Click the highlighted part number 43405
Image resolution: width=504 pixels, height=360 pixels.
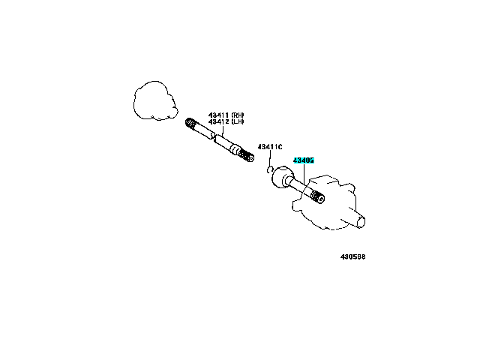[304, 160]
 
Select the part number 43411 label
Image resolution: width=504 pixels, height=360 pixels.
[218, 115]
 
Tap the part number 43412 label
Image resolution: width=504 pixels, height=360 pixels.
[218, 121]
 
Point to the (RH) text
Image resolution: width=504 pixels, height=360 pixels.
[238, 115]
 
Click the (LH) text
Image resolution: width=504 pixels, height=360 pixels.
[238, 121]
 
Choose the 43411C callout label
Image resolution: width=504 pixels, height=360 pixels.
[270, 147]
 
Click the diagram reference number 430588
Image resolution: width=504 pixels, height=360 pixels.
[353, 256]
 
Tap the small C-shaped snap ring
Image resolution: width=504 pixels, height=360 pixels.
[268, 169]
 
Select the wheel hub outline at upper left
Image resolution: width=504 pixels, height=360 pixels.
[155, 100]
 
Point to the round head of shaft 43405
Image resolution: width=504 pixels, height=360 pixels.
[282, 177]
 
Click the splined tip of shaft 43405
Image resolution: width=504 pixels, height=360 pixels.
[318, 196]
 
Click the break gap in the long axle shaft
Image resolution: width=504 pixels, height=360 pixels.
[214, 136]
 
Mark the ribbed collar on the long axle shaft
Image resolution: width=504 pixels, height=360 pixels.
[235, 149]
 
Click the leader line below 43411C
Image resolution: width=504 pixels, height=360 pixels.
[270, 158]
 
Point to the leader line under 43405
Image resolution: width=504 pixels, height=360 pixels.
[304, 174]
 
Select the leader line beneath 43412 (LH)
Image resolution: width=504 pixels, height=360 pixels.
[223, 130]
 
